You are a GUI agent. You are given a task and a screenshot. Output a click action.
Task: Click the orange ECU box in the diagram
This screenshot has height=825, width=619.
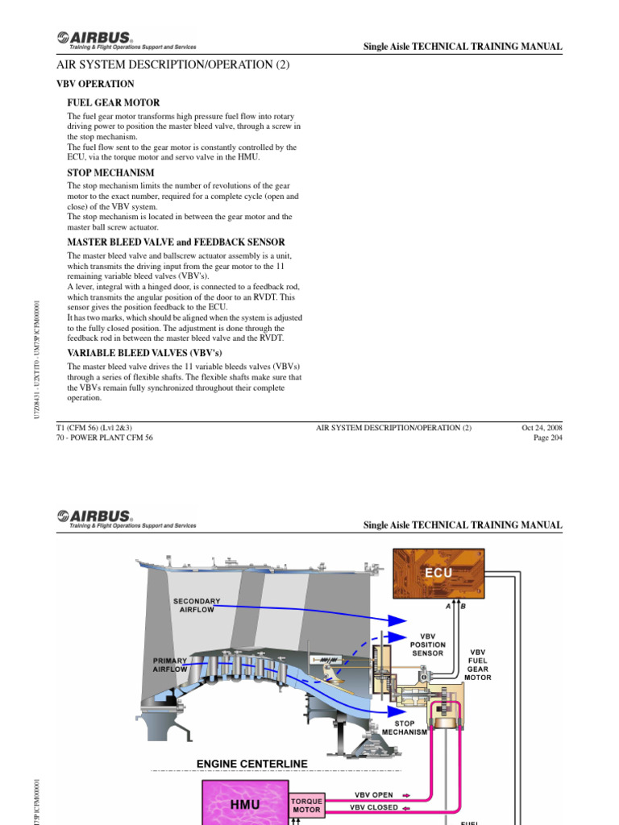coord(438,574)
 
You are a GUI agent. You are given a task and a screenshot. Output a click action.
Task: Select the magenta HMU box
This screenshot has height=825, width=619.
coord(246,804)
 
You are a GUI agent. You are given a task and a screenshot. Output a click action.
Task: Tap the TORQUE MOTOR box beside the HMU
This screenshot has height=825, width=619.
coord(307,805)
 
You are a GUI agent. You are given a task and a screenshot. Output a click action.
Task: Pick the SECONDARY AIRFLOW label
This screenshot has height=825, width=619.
coord(197,605)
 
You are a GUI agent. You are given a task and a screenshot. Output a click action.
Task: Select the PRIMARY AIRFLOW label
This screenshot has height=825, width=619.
coord(170,664)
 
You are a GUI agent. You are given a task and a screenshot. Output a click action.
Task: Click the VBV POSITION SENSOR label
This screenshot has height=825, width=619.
coord(427,645)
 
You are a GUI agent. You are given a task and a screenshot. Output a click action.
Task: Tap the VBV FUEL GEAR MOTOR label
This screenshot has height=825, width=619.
coord(478,664)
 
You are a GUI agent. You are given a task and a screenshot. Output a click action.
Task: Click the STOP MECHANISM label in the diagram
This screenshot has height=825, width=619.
coord(405,728)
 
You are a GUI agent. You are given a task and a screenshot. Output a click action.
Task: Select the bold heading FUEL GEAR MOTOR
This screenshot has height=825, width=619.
coord(113,103)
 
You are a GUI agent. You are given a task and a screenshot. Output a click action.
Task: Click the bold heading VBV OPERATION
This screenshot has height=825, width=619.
coord(95,84)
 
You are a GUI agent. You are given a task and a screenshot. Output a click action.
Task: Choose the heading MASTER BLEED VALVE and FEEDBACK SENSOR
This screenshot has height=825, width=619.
coord(175,243)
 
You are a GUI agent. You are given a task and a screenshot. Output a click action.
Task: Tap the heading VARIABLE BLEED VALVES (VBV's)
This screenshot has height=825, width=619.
coord(143,353)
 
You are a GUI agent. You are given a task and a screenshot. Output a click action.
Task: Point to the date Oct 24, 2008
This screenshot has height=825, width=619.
coord(542,427)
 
